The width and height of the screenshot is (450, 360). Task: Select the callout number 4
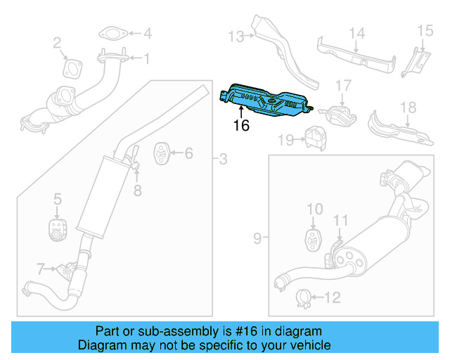point(147,33)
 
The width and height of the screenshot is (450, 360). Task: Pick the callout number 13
point(235,36)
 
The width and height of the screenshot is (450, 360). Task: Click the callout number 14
point(357,32)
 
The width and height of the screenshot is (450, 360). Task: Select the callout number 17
point(342,85)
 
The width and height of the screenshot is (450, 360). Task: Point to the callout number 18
point(409,108)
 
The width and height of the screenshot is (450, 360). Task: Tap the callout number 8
point(138,190)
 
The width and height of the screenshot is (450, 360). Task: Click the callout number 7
point(41,268)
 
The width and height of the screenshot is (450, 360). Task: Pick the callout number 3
point(223,160)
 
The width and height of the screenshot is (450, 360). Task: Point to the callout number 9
point(257,239)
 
